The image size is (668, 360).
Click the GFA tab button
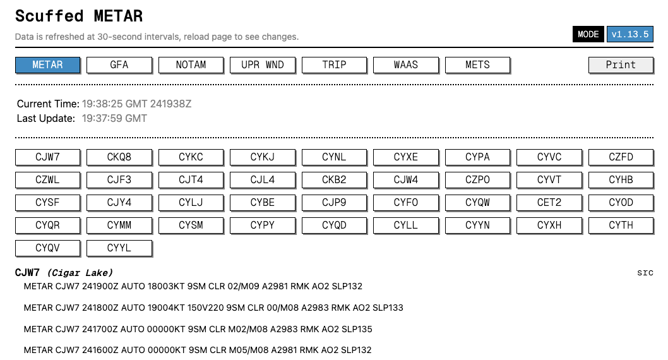coord(119,65)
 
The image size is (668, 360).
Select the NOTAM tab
coord(191,65)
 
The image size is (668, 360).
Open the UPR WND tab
coord(263,65)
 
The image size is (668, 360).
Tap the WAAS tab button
coord(406,65)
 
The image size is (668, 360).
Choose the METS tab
coord(477,65)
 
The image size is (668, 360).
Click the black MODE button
coord(588,34)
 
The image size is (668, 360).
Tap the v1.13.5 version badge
coord(630,34)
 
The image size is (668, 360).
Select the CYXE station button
coord(406,157)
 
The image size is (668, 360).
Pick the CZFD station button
coord(621,157)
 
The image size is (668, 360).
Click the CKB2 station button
coord(335,180)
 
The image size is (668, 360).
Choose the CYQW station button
coord(477,202)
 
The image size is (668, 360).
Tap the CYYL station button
coord(119,248)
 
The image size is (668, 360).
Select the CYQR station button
coord(48,225)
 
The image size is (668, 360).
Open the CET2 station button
coord(549,202)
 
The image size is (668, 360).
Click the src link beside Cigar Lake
coord(645,273)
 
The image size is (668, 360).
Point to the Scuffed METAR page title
coord(79,16)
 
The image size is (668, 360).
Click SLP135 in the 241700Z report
coord(357,329)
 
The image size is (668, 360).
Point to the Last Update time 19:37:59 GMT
coord(115,119)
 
